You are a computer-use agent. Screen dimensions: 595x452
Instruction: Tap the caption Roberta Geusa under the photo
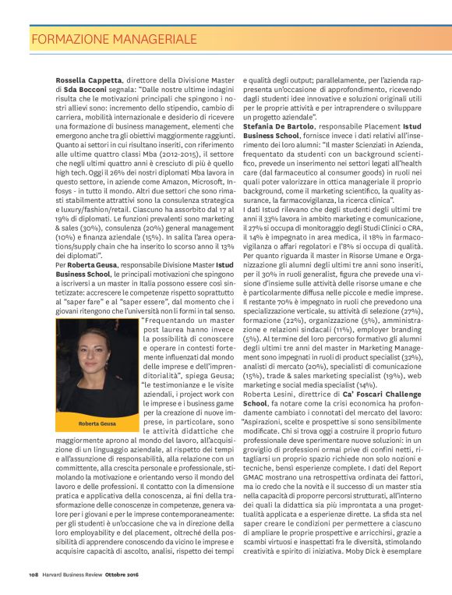97,423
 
